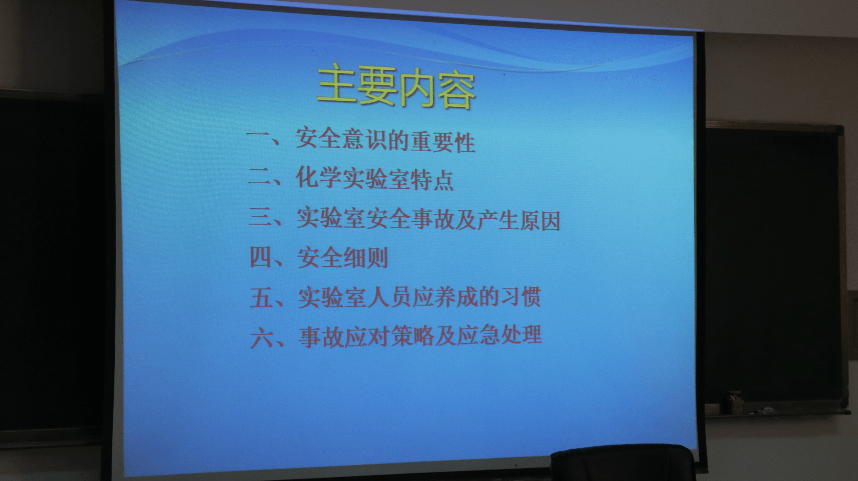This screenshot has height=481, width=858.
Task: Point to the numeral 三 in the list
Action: click(261, 218)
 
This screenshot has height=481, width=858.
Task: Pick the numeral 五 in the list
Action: click(262, 297)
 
